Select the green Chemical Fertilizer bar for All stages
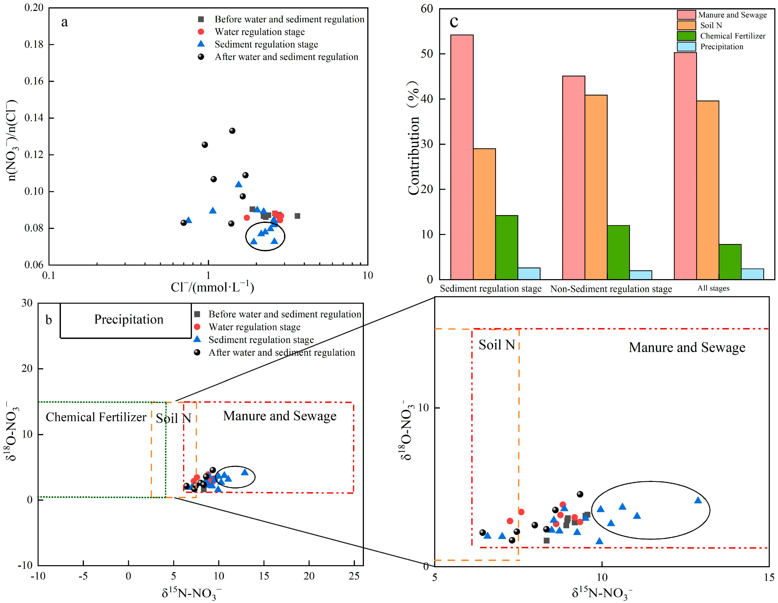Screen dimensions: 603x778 pyautogui.click(x=730, y=262)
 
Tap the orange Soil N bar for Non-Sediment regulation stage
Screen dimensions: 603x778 pyautogui.click(x=596, y=187)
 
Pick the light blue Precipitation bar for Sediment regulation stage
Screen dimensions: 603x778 pyautogui.click(x=529, y=273)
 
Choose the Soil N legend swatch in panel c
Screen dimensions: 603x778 pyautogui.click(x=686, y=25)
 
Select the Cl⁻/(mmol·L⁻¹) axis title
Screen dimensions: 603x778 pyautogui.click(x=212, y=287)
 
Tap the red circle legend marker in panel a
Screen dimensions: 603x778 pyautogui.click(x=201, y=32)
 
